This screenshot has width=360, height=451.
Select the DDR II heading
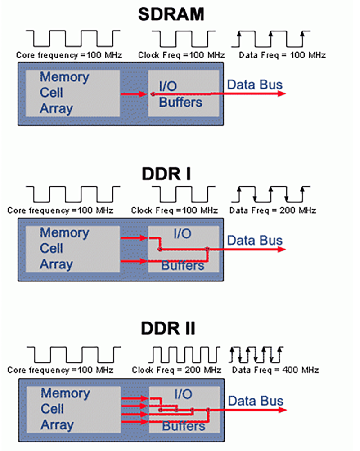[x=169, y=329]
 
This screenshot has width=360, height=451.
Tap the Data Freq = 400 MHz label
[x=275, y=370]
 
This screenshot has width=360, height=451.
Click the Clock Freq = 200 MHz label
[x=177, y=370]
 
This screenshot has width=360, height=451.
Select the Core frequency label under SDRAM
[x=69, y=56]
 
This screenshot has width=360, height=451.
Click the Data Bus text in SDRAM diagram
[x=255, y=85]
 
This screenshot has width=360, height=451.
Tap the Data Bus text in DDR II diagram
[x=255, y=401]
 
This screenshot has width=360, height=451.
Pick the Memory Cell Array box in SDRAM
[x=72, y=93]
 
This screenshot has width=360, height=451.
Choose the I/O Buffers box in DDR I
[x=184, y=249]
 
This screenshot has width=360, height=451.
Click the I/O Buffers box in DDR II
[x=184, y=409]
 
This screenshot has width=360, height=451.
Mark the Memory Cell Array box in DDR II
[x=72, y=409]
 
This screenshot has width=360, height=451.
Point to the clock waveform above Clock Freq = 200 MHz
[x=184, y=354]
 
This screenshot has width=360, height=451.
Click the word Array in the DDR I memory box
[x=56, y=264]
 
